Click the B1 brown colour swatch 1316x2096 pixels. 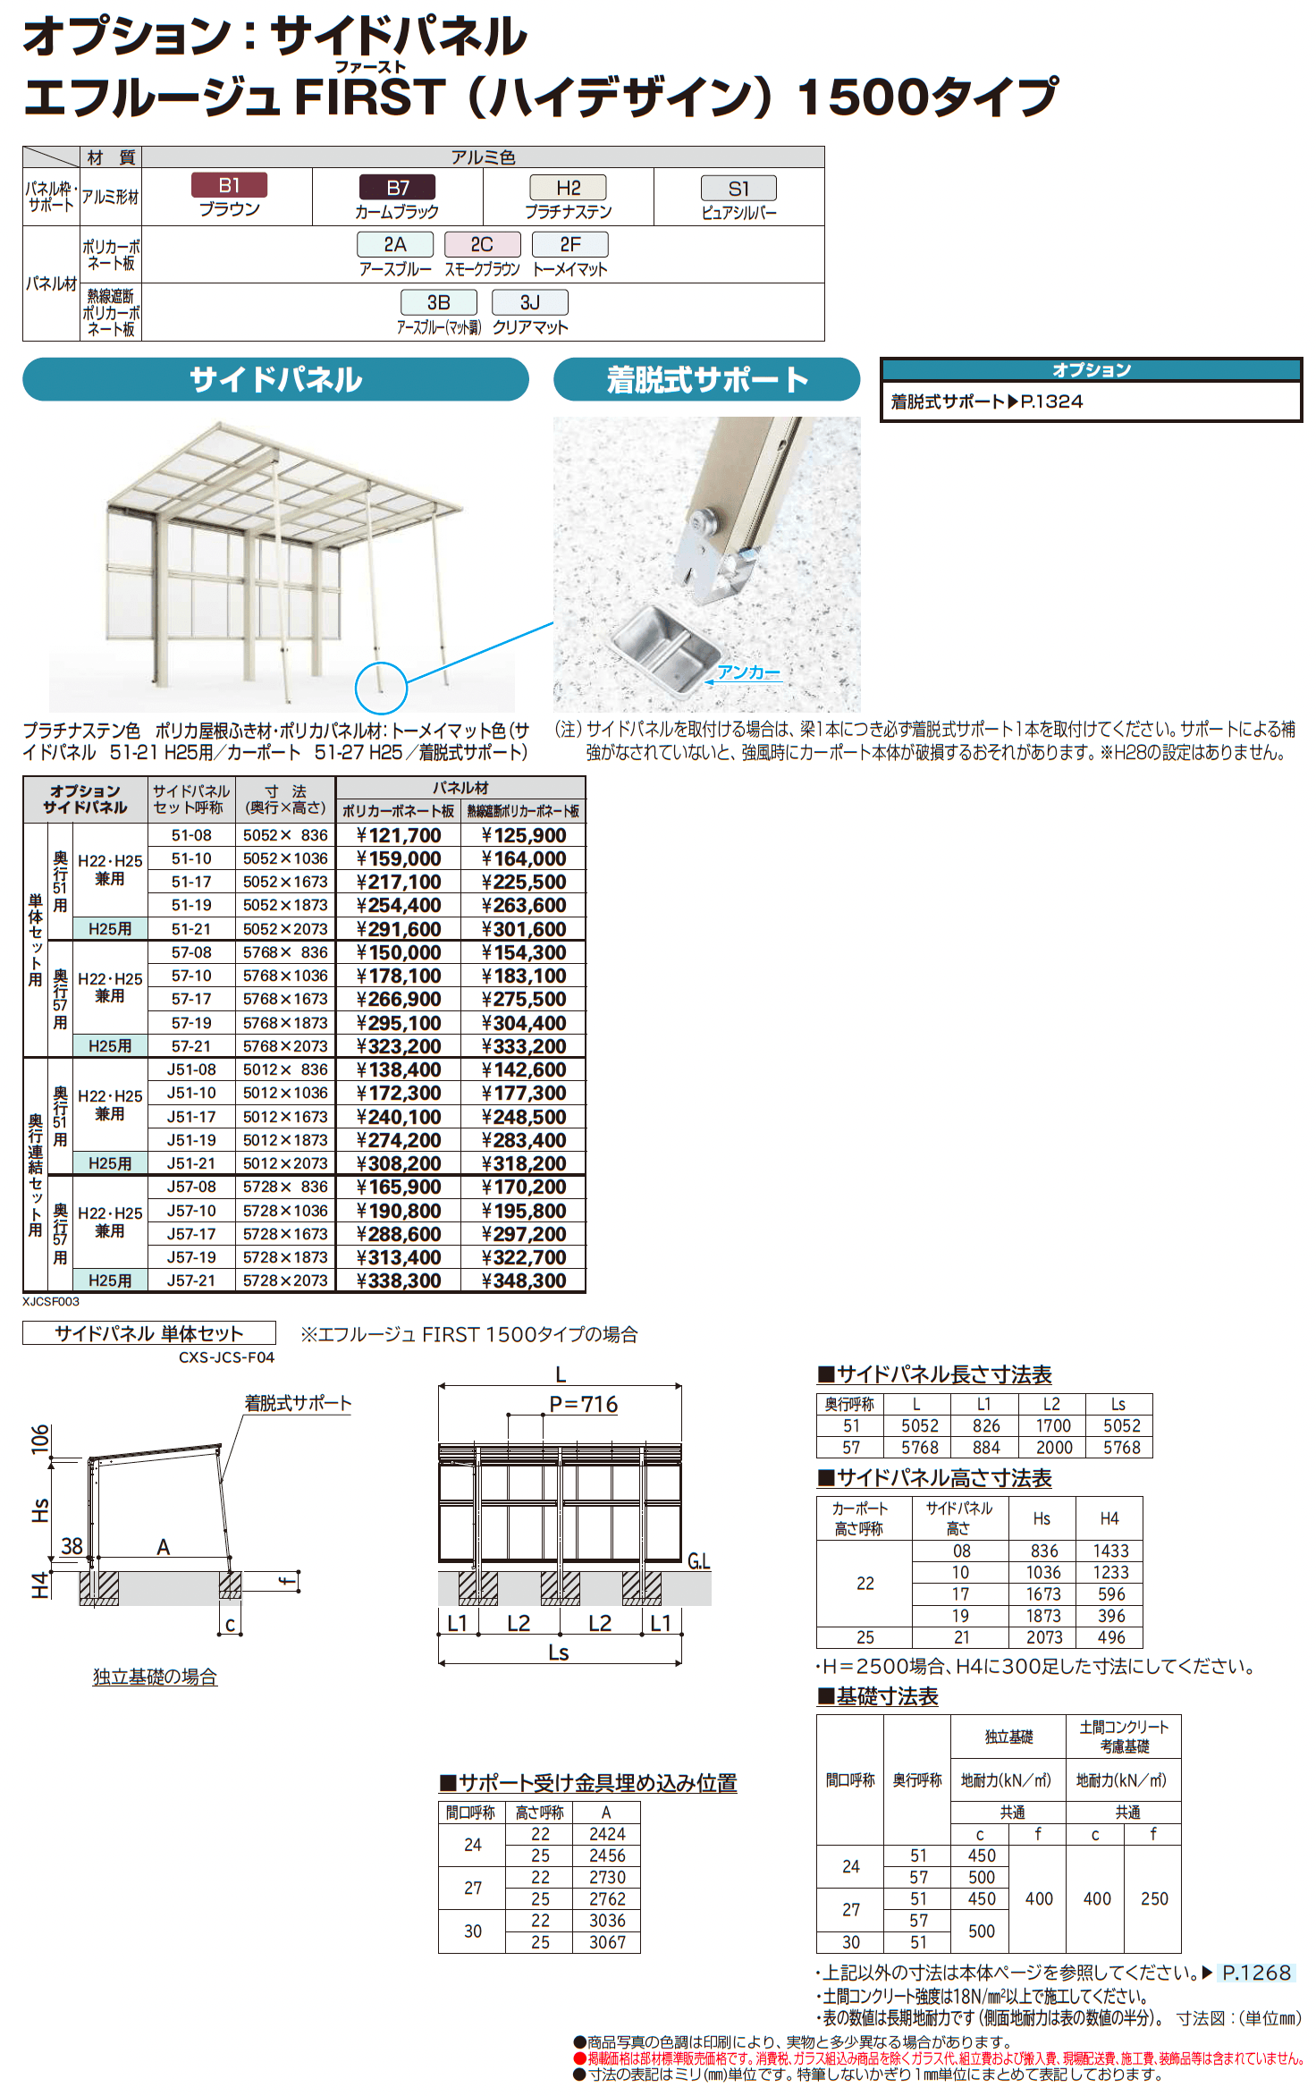pyautogui.click(x=229, y=185)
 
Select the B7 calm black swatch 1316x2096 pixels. pyautogui.click(x=397, y=188)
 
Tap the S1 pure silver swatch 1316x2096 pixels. pyautogui.click(x=738, y=189)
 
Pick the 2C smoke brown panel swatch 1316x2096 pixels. pyautogui.click(x=482, y=244)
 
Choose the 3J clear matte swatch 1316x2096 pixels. pyautogui.click(x=529, y=302)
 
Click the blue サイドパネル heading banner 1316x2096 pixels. pyautogui.click(x=275, y=379)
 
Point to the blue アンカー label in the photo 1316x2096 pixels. pyautogui.click(x=748, y=672)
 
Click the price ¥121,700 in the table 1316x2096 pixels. pyautogui.click(x=399, y=835)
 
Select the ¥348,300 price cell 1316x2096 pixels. pyautogui.click(x=524, y=1280)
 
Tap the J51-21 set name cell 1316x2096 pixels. pyautogui.click(x=191, y=1163)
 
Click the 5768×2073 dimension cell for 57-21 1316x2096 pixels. pyautogui.click(x=285, y=1046)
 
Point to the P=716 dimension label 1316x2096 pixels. pyautogui.click(x=583, y=1404)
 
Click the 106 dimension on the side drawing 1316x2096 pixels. pyautogui.click(x=40, y=1439)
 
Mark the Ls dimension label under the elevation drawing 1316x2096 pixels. pyautogui.click(x=559, y=1652)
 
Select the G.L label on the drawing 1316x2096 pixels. pyautogui.click(x=699, y=1560)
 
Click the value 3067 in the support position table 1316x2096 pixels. pyautogui.click(x=607, y=1942)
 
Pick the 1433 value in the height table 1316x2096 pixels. pyautogui.click(x=1110, y=1551)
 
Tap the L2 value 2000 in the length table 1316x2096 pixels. pyautogui.click(x=1054, y=1447)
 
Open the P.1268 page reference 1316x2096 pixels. pyautogui.click(x=1256, y=1973)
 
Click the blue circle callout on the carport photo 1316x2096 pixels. pyautogui.click(x=381, y=688)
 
